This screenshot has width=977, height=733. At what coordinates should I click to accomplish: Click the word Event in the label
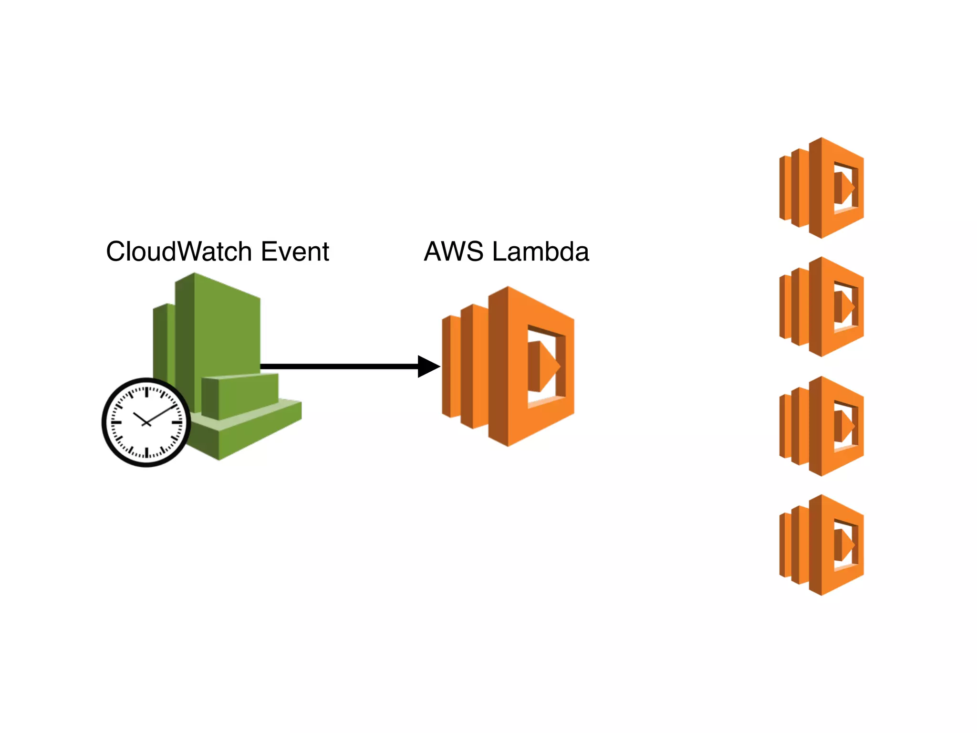click(295, 251)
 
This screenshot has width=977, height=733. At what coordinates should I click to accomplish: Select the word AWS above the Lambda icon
click(453, 251)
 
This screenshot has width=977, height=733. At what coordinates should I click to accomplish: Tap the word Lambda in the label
click(540, 251)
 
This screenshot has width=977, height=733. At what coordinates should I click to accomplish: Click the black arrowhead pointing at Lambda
click(428, 366)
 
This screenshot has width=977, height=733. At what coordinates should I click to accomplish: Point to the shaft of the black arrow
click(339, 366)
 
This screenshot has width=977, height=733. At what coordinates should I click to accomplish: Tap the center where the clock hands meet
click(146, 423)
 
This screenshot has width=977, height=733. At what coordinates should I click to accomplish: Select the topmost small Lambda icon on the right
click(821, 188)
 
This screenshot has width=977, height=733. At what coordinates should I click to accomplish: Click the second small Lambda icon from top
click(821, 307)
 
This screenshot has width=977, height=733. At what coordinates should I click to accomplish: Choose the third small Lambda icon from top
click(821, 426)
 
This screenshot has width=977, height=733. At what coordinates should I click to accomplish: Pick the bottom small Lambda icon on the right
click(821, 545)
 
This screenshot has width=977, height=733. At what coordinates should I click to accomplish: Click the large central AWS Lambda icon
click(508, 366)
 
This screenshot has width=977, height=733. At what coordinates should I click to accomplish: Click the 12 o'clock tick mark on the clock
click(146, 392)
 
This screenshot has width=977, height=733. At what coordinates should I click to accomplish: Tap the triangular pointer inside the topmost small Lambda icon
click(846, 188)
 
